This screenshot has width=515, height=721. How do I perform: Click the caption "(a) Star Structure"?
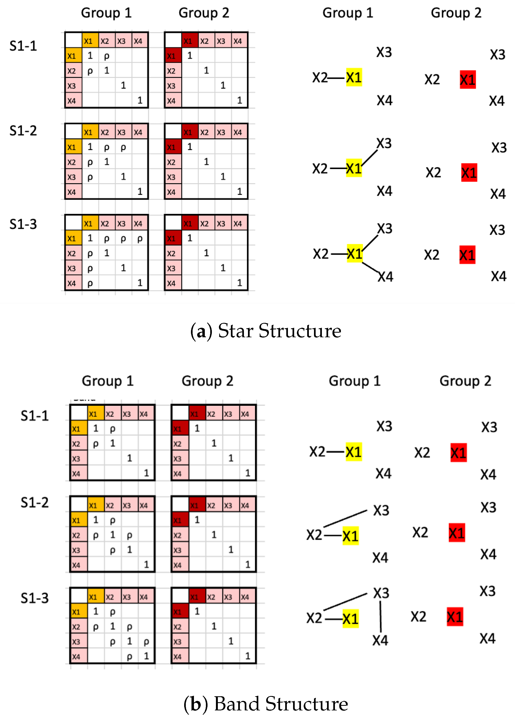(x=266, y=331)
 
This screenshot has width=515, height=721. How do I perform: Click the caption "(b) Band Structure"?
(x=266, y=704)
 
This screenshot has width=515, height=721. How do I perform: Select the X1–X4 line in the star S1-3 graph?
(x=370, y=267)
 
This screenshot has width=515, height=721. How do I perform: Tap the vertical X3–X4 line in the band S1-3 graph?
(x=381, y=617)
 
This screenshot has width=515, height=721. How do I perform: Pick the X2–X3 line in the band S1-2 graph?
(x=345, y=518)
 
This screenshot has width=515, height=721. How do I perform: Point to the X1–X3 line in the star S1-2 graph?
(x=370, y=157)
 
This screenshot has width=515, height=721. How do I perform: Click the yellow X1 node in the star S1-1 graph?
(x=354, y=77)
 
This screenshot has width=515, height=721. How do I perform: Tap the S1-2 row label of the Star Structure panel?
(x=23, y=131)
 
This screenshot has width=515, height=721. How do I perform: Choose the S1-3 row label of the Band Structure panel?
(x=34, y=598)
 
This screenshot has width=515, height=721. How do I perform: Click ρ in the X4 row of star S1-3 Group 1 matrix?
(x=90, y=283)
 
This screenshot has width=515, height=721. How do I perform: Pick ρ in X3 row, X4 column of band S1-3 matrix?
(x=146, y=642)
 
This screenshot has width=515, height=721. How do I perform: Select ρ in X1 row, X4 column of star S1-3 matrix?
(x=140, y=239)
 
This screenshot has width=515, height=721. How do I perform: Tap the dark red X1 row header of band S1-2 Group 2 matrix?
(x=180, y=520)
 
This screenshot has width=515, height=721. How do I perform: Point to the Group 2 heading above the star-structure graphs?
(x=456, y=13)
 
